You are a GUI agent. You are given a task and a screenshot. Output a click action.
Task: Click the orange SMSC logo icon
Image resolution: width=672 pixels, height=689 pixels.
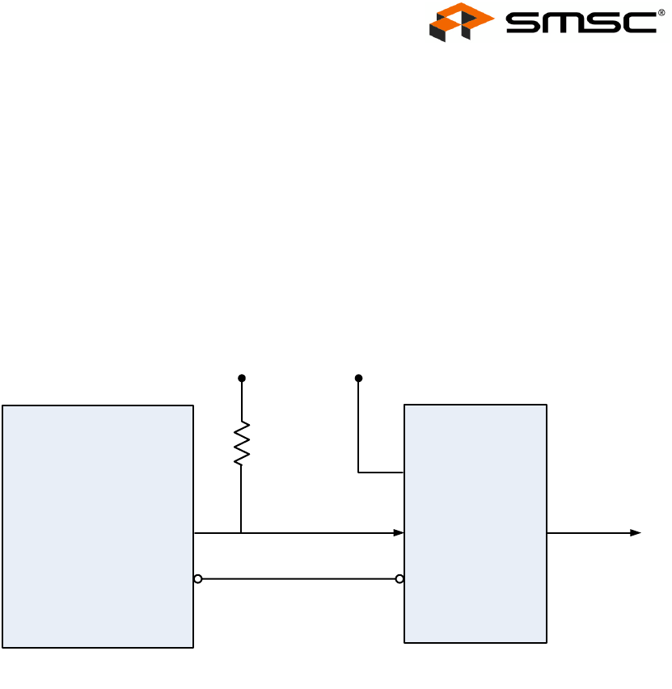click(461, 22)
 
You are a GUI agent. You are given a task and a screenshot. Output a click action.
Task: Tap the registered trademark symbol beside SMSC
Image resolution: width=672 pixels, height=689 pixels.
click(661, 12)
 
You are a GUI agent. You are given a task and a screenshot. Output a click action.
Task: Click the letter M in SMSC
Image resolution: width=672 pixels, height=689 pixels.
click(565, 22)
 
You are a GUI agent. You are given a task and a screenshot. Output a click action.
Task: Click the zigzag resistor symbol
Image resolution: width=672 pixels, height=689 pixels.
click(241, 443)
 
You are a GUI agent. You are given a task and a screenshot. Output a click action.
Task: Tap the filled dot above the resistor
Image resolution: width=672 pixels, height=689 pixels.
click(241, 378)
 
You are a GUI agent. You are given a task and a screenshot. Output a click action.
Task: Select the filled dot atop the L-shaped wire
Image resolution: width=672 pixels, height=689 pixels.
click(358, 378)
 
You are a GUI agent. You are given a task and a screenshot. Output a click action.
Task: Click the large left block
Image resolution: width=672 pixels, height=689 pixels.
click(98, 526)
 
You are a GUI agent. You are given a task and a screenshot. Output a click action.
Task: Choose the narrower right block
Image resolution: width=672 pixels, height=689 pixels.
click(475, 523)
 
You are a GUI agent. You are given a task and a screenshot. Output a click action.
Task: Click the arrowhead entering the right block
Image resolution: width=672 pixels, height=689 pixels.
click(399, 533)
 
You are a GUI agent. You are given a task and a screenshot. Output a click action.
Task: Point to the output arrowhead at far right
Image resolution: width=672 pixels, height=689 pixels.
click(636, 533)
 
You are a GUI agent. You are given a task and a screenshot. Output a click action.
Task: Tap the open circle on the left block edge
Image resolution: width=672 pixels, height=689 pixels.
click(197, 579)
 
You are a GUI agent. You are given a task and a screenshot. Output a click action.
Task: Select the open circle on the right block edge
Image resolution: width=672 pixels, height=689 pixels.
click(399, 579)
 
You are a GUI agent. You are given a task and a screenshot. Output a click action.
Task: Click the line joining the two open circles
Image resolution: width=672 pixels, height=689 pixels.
click(298, 579)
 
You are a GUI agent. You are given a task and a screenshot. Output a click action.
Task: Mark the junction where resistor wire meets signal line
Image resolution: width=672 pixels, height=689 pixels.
click(241, 533)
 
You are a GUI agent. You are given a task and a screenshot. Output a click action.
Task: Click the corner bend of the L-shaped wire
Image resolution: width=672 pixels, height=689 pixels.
click(358, 473)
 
